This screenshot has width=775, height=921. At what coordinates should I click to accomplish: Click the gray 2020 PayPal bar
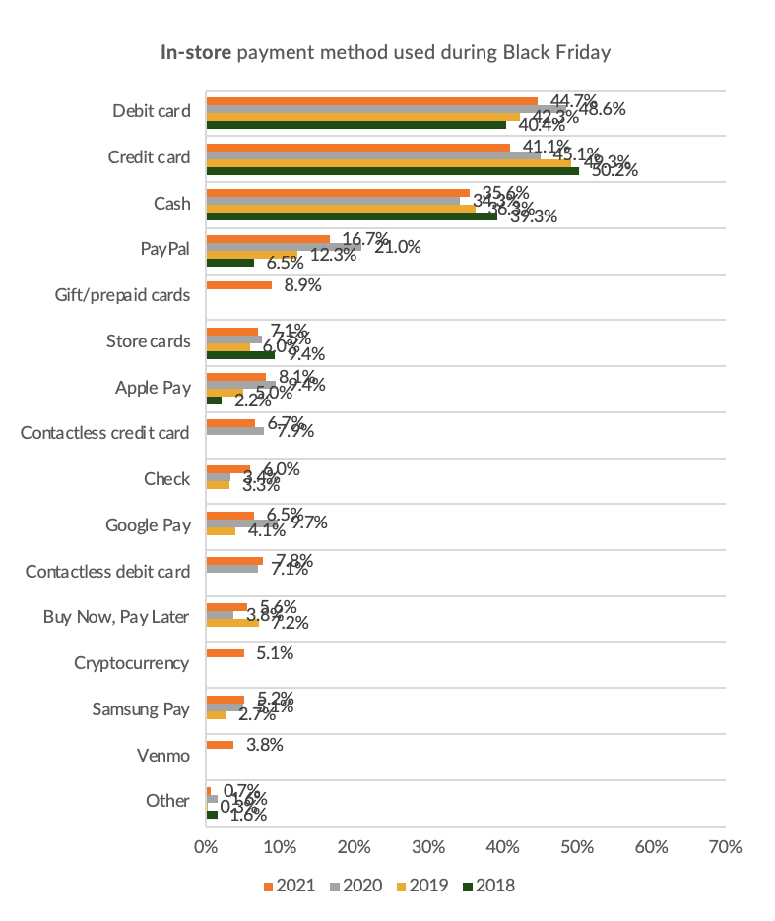click(283, 246)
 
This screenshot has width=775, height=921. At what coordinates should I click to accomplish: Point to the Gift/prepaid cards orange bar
click(238, 285)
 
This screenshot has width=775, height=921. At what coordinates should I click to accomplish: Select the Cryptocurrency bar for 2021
click(225, 652)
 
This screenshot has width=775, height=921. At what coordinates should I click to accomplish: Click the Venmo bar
click(220, 745)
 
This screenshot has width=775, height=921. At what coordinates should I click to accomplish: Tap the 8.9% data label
click(302, 285)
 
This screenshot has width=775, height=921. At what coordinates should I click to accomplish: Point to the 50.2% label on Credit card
click(613, 170)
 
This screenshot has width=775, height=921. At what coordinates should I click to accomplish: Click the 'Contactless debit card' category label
click(107, 571)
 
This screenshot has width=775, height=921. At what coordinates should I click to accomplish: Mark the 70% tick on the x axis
click(725, 845)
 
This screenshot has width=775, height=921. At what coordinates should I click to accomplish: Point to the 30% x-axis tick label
click(428, 845)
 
